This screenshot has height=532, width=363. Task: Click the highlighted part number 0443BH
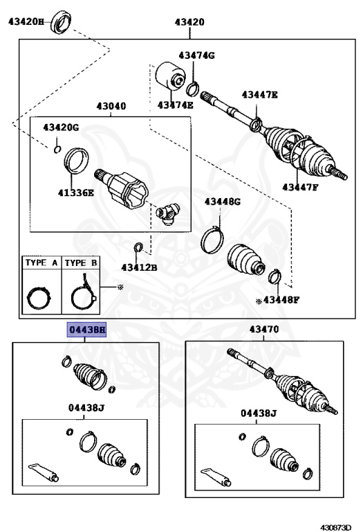tap(86, 330)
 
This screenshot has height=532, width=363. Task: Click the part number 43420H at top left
tap(26, 21)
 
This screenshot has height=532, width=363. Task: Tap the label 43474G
tap(197, 55)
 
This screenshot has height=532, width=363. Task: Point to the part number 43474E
tap(176, 105)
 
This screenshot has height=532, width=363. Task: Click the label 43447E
tap(259, 94)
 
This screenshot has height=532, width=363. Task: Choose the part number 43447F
tap(301, 186)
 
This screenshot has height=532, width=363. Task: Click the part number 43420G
tap(61, 127)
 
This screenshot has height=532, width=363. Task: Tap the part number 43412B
tap(139, 267)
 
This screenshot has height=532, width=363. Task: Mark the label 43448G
tap(221, 202)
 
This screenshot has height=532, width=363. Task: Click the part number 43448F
tap(280, 301)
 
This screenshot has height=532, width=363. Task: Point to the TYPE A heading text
tap(41, 263)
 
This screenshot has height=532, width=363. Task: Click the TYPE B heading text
tap(82, 263)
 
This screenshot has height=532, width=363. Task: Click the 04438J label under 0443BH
tap(86, 408)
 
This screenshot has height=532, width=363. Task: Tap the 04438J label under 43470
tap(258, 414)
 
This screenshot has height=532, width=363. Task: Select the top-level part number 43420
tap(189, 22)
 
